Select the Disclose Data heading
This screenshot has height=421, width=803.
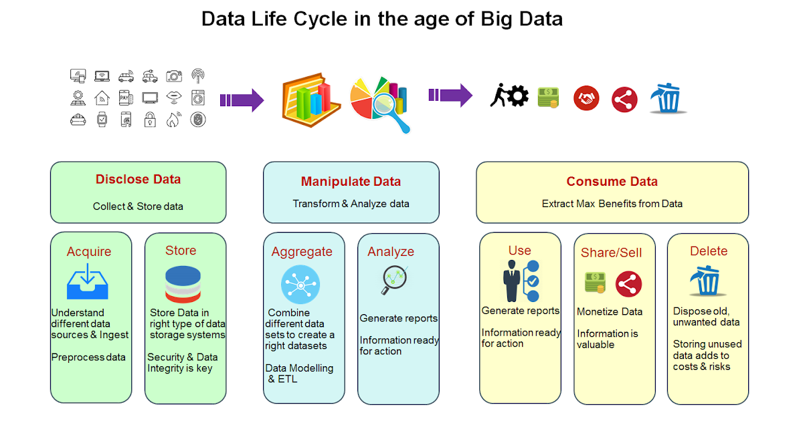coord(138,179)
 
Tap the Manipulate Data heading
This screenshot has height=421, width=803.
coord(351,181)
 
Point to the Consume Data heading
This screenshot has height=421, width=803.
coord(612,181)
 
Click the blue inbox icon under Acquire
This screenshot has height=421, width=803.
coord(86,282)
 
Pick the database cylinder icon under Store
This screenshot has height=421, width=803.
coord(183,283)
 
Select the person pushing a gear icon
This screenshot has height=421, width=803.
coord(508,96)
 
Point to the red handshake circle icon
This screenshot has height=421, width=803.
coord(586,99)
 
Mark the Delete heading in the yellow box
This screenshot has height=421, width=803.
coord(708,251)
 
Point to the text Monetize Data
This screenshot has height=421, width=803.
coord(609,311)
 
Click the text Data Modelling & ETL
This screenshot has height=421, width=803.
coord(298,374)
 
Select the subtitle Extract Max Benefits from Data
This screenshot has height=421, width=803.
coord(612,203)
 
